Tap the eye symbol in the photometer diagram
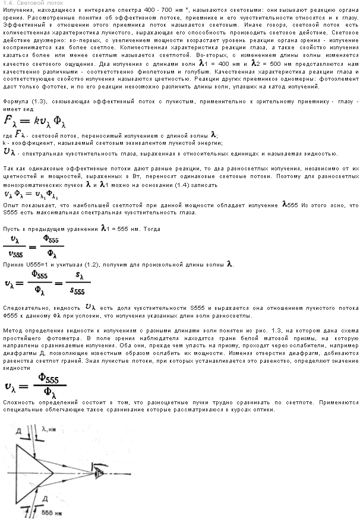[x=98, y=468]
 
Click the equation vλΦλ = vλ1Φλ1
[x=30, y=194]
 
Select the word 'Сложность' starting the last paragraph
[x=17, y=402]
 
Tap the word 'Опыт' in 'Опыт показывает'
[x=11, y=205]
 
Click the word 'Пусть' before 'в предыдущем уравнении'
[x=11, y=229]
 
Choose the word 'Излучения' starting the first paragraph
[x=17, y=11]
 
